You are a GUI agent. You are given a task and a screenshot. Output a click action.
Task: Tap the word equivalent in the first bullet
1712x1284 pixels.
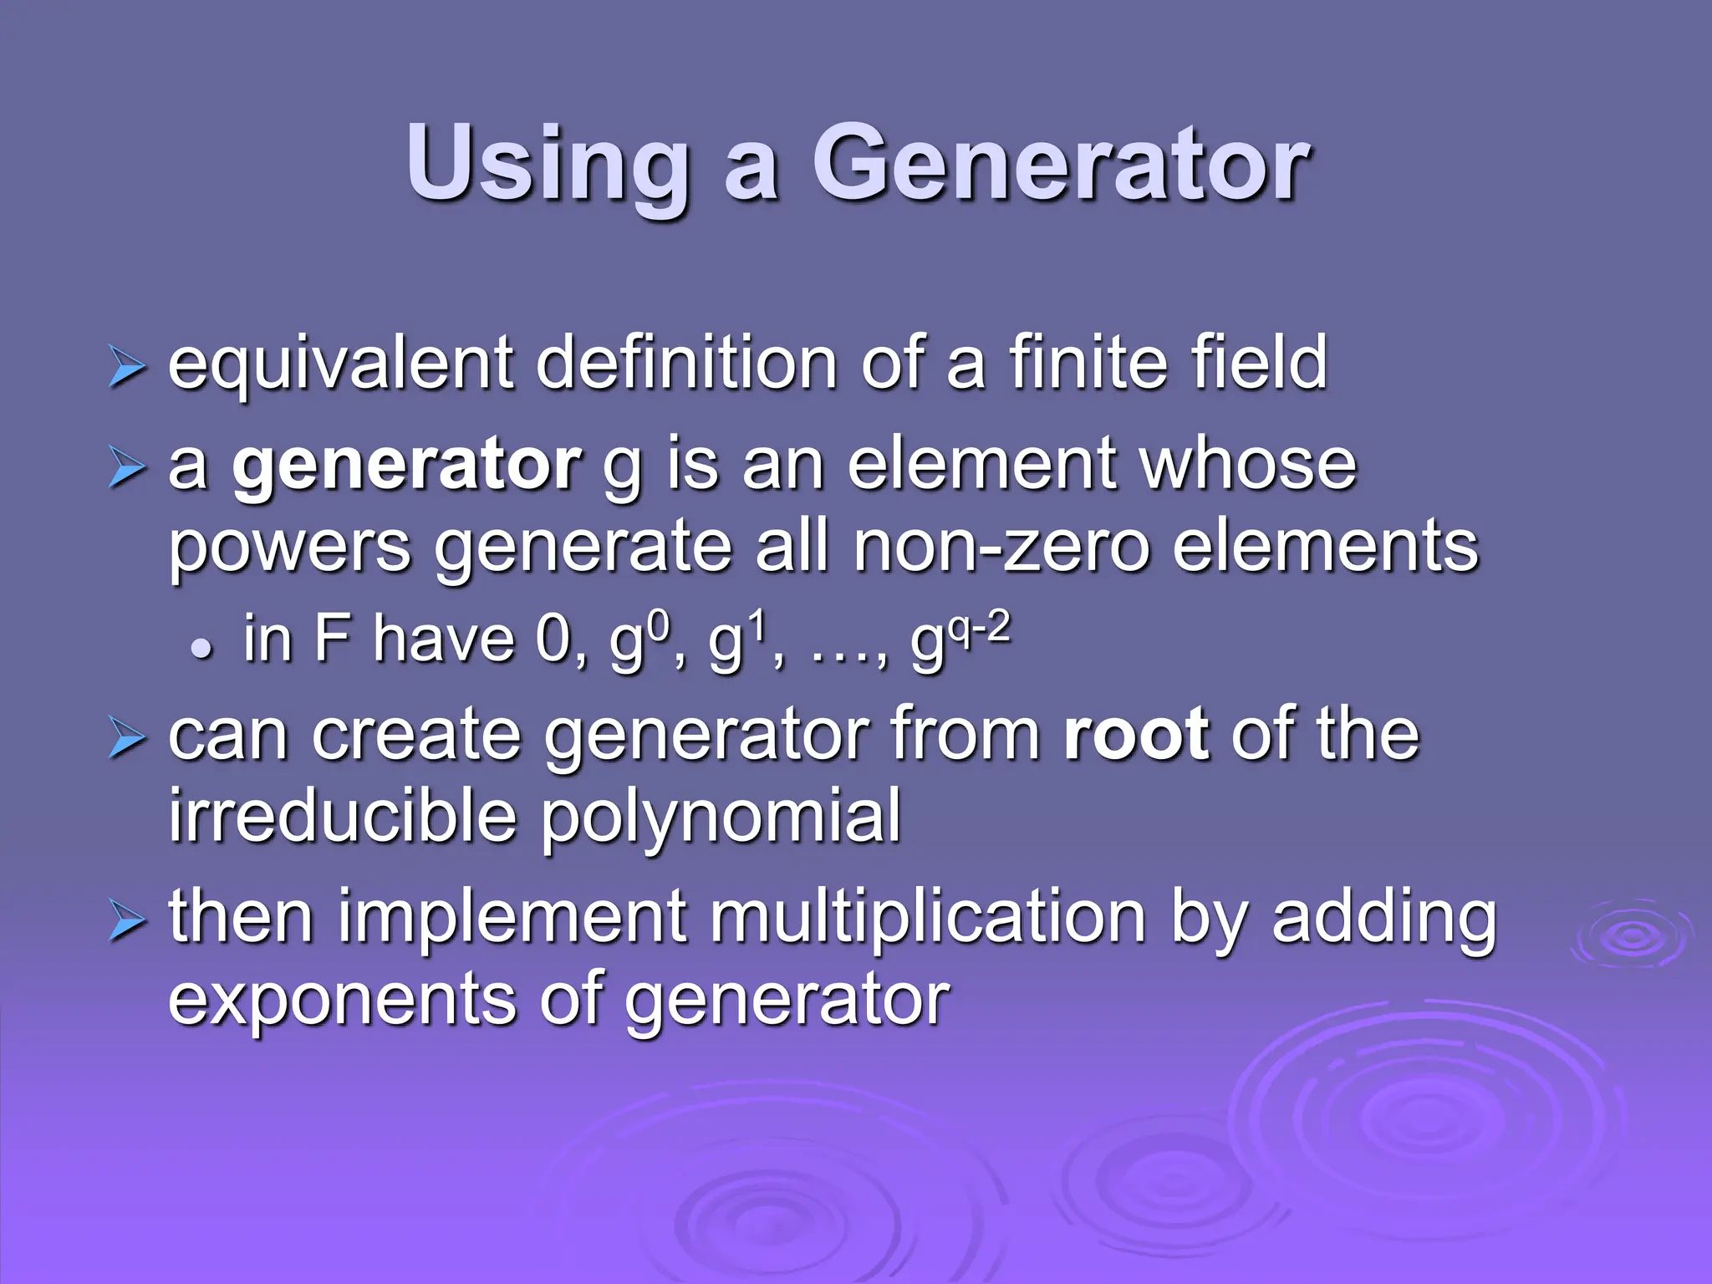pos(340,364)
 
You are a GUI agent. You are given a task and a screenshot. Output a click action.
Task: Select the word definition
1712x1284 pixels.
pos(685,364)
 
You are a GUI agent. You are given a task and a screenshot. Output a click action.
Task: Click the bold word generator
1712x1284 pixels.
pos(406,466)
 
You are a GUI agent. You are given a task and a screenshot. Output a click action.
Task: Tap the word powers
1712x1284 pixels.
pos(290,548)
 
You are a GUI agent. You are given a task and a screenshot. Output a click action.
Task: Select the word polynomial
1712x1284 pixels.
pos(721,818)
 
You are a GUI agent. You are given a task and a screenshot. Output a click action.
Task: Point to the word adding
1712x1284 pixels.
pos(1383,920)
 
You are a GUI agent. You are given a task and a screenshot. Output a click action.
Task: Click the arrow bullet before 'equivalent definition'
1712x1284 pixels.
pos(126,369)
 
